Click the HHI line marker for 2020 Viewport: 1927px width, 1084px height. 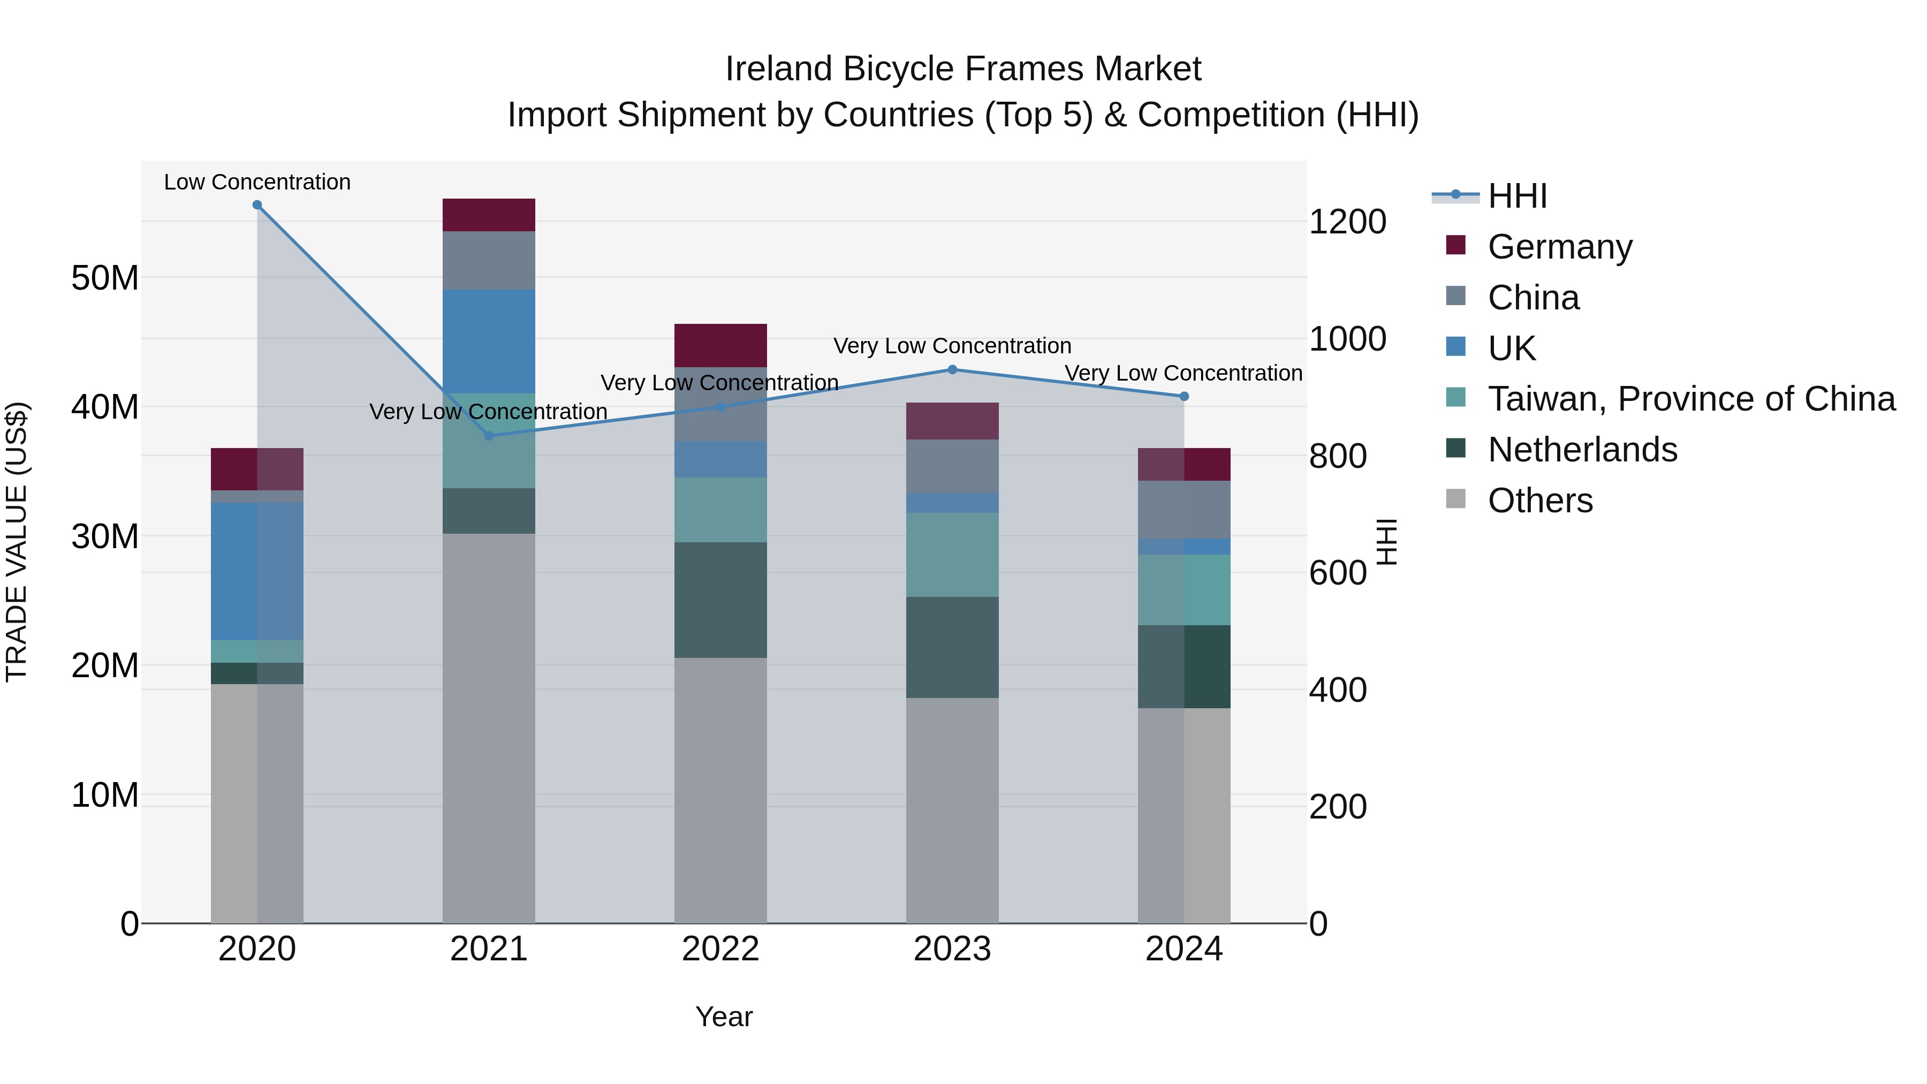coord(257,205)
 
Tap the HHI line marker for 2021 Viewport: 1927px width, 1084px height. coord(489,435)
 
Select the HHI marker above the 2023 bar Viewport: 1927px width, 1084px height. coord(952,369)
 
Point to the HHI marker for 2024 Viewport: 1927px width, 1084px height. coord(1184,397)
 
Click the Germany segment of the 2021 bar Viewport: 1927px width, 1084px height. coord(489,215)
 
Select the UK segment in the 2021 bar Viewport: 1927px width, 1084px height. coord(489,341)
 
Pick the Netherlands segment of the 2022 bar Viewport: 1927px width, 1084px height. coord(720,600)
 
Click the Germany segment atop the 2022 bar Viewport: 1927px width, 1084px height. coord(720,346)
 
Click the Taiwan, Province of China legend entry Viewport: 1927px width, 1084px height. coord(1690,399)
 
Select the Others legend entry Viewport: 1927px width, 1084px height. coord(1539,501)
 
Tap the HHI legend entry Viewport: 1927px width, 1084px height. coord(1516,196)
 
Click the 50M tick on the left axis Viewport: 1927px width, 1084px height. coord(105,278)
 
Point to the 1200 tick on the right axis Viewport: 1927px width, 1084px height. coord(1347,222)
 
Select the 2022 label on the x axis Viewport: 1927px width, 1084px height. coord(720,949)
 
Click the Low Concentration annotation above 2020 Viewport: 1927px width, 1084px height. coord(257,182)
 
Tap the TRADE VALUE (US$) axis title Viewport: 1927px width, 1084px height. coord(17,542)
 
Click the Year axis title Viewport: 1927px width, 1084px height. coord(723,1017)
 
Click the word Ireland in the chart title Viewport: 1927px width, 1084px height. coord(778,69)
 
